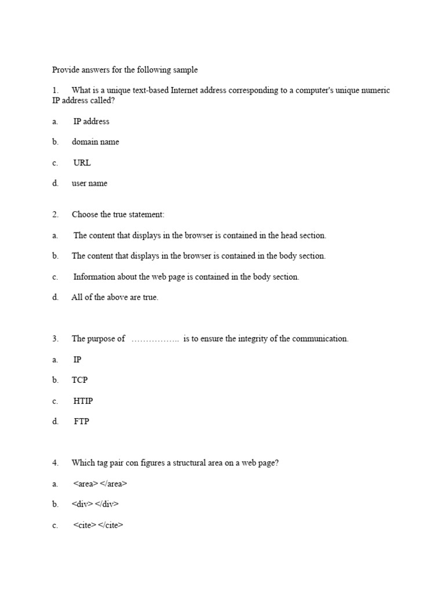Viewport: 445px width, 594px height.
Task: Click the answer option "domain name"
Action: (95, 142)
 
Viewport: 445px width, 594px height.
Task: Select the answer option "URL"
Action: (82, 163)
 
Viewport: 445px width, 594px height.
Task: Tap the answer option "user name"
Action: (89, 183)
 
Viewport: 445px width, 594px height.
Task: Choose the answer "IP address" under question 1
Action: (91, 121)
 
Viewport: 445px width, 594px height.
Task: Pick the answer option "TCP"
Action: (80, 380)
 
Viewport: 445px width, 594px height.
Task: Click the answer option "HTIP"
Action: (83, 401)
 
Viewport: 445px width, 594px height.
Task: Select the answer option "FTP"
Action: (82, 422)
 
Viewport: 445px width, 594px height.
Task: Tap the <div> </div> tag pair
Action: (95, 504)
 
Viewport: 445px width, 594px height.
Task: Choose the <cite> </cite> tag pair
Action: (99, 526)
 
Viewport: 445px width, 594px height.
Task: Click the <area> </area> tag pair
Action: (100, 484)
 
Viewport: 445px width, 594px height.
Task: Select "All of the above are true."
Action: (115, 298)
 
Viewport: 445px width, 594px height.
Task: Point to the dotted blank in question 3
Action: (155, 339)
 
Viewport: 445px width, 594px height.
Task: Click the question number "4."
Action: (56, 463)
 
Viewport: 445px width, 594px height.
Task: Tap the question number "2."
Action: (56, 215)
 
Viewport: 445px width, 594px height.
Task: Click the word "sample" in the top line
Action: (184, 70)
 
